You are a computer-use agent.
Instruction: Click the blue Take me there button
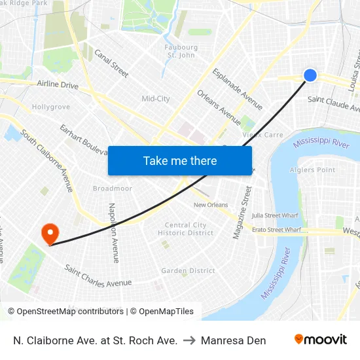click(x=180, y=160)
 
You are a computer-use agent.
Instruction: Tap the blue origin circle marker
click(x=310, y=76)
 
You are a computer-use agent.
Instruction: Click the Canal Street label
click(x=111, y=63)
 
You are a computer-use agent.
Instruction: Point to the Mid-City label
click(x=156, y=99)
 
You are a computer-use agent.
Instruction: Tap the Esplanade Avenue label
click(x=238, y=89)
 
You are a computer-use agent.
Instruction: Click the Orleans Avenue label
click(x=219, y=107)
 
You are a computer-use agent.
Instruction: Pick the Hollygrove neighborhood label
click(x=51, y=107)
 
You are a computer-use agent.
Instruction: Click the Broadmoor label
click(x=113, y=189)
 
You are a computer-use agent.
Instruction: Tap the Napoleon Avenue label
click(x=114, y=232)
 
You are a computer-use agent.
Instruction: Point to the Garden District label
click(x=188, y=270)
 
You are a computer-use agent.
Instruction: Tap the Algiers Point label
click(x=317, y=170)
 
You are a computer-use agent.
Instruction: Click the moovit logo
click(x=321, y=340)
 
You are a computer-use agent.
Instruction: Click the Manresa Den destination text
click(x=234, y=340)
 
